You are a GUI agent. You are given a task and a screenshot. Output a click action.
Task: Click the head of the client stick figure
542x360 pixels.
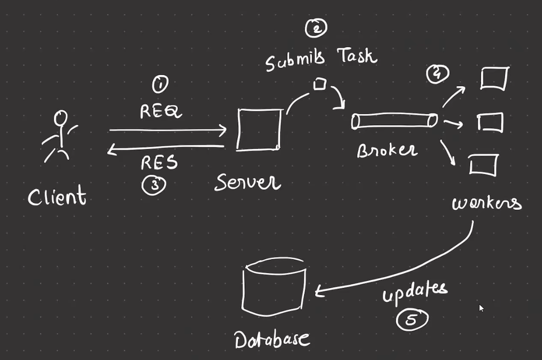pos(61,118)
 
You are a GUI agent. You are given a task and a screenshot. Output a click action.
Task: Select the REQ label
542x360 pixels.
pos(160,112)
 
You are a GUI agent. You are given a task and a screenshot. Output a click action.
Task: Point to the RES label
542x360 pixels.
pos(159,162)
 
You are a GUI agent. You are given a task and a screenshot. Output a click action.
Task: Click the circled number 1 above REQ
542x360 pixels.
pos(160,85)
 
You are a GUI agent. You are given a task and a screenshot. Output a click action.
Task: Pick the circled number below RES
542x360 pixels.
pos(154,184)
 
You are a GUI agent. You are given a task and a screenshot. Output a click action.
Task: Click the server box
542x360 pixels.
pos(259,130)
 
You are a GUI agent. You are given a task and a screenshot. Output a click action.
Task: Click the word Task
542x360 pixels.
pos(357,56)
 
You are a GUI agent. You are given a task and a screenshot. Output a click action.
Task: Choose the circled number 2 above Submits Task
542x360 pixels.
pos(316,28)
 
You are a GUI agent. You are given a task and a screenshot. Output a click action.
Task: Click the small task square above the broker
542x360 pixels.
pos(319,84)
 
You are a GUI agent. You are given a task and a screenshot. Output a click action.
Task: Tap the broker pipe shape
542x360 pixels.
pos(394,121)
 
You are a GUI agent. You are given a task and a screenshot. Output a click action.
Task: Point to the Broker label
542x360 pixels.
pos(387,150)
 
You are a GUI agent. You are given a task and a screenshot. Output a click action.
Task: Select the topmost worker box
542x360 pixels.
pos(494,79)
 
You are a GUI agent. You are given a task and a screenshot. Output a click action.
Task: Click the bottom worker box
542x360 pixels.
pos(483,165)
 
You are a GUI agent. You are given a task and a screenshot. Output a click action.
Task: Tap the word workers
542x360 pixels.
pos(486,202)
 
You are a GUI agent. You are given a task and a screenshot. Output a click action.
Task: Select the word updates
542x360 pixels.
pos(414,292)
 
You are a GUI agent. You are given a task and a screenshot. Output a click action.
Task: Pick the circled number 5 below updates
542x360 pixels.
pos(412,319)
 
